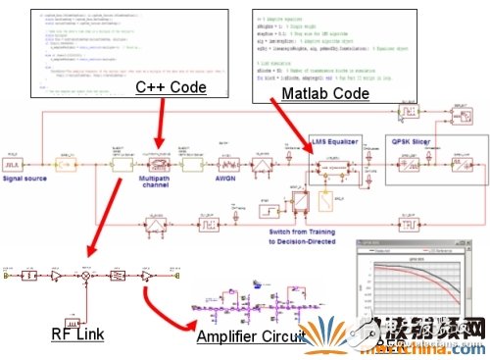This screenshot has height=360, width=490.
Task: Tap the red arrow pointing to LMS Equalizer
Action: (298, 128)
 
